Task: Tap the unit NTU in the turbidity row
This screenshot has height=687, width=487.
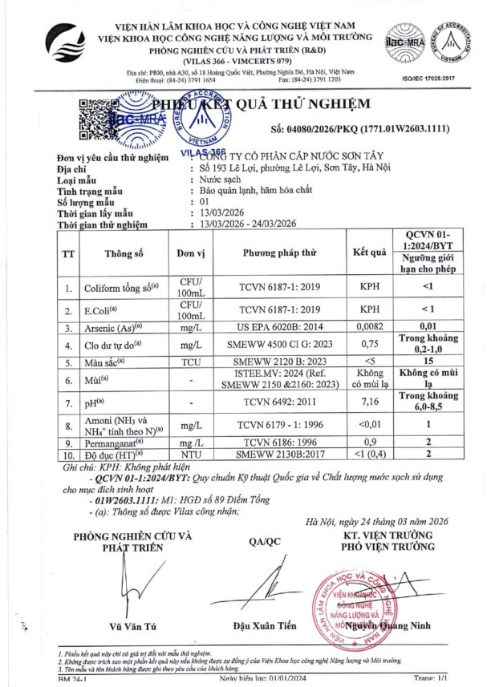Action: pos(190,454)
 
